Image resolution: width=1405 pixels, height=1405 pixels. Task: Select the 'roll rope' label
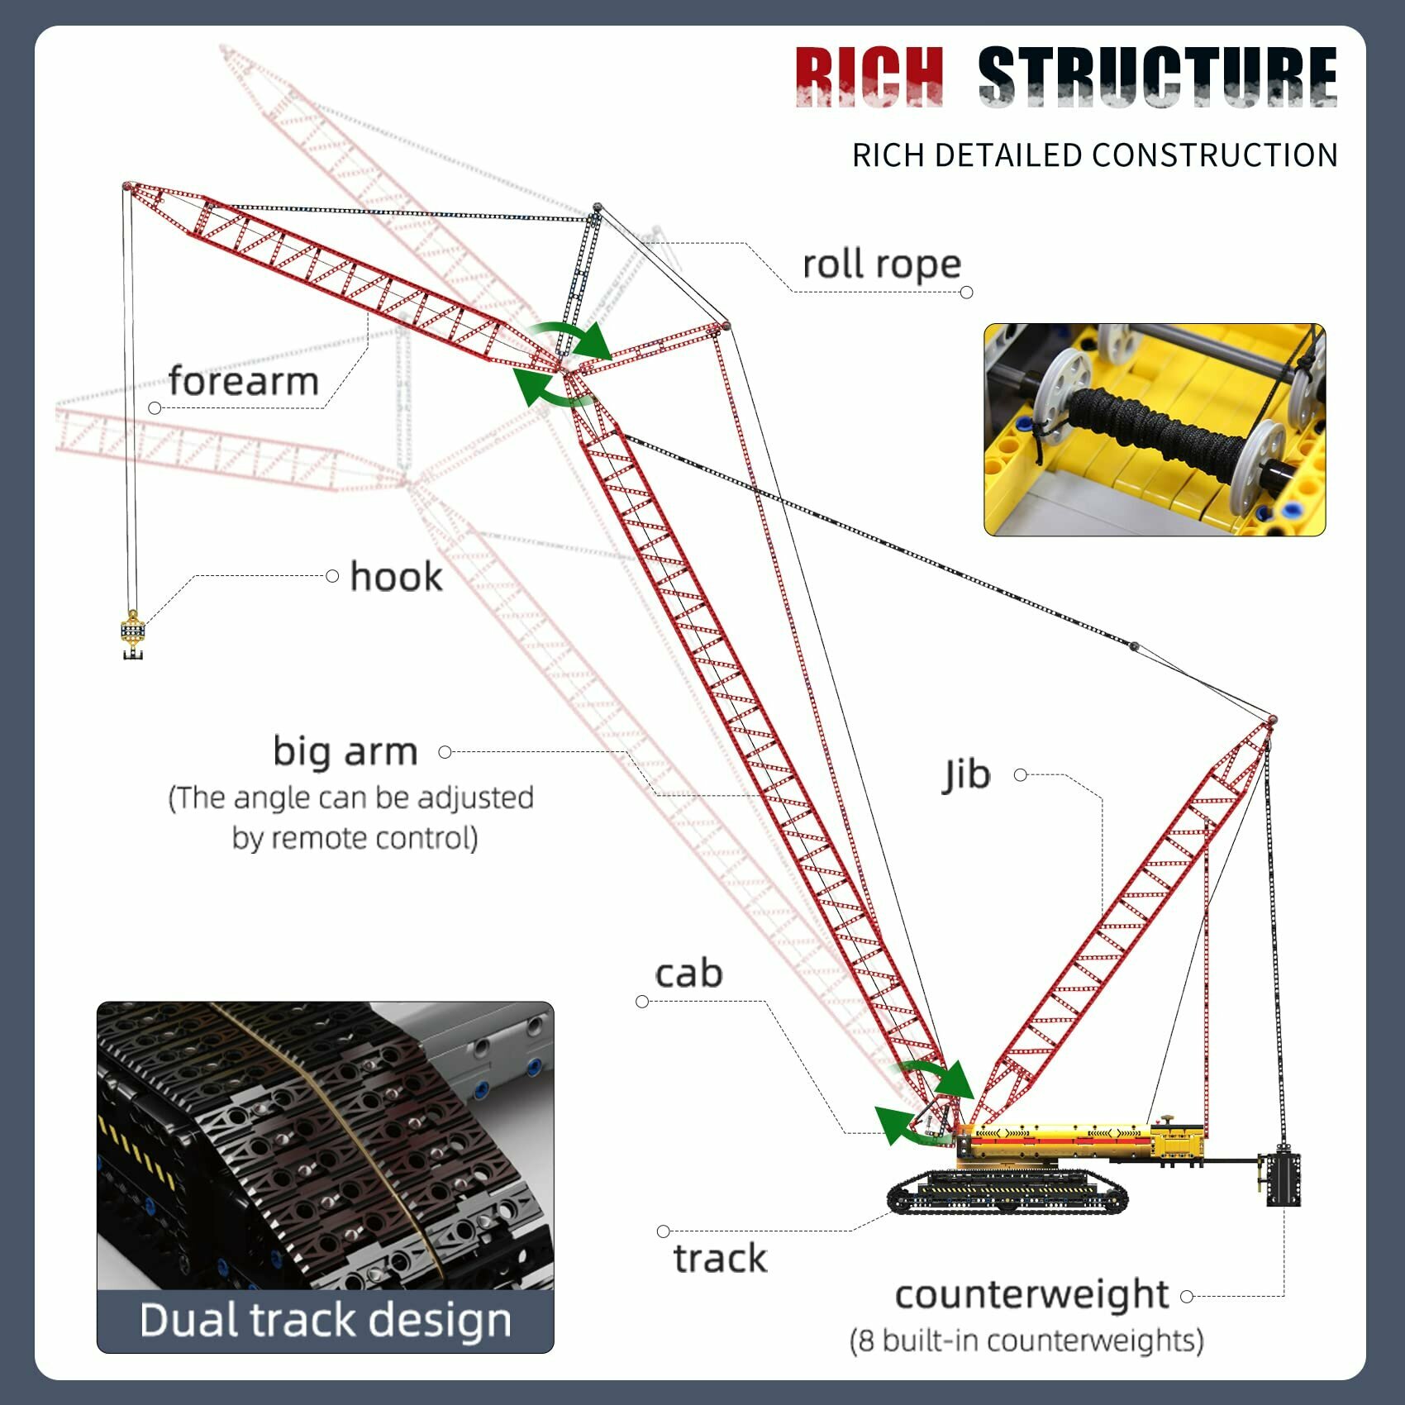pyautogui.click(x=882, y=264)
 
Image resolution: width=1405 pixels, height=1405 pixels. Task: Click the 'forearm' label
pyautogui.click(x=244, y=381)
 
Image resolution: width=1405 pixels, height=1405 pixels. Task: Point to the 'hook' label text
pyautogui.click(x=396, y=576)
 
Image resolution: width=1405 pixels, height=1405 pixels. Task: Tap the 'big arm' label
pyautogui.click(x=345, y=751)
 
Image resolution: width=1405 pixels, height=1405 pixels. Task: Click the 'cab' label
pyautogui.click(x=688, y=973)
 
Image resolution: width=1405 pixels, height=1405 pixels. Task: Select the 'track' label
pyautogui.click(x=720, y=1258)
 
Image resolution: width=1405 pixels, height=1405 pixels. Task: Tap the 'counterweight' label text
pyautogui.click(x=1031, y=1294)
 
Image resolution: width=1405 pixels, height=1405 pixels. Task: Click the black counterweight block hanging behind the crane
pyautogui.click(x=1284, y=1179)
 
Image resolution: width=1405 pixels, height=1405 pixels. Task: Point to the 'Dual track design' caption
pyautogui.click(x=325, y=1319)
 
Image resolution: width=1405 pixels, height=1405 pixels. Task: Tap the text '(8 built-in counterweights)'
pyautogui.click(x=1026, y=1340)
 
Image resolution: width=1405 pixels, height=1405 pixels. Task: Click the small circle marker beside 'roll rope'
pyautogui.click(x=967, y=293)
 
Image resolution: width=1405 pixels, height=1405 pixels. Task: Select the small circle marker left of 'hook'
pyautogui.click(x=332, y=576)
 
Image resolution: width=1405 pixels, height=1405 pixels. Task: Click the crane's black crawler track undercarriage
pyautogui.click(x=1007, y=1193)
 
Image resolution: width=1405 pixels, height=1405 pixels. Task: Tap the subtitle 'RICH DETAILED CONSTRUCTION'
pyautogui.click(x=1094, y=155)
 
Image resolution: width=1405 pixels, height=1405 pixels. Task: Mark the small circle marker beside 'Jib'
pyautogui.click(x=1021, y=775)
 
